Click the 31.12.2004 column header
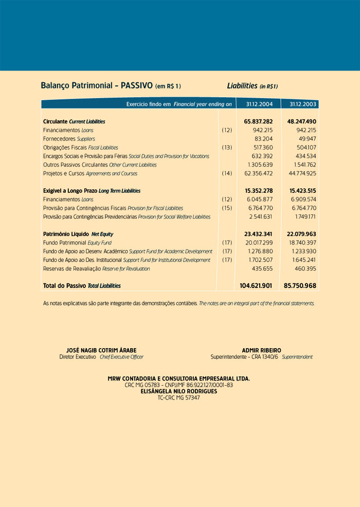tap(256, 104)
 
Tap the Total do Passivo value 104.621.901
tap(256, 285)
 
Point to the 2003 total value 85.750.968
tap(300, 285)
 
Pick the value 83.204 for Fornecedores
tap(263, 139)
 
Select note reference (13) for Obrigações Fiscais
tap(227, 148)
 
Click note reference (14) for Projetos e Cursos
tap(227, 174)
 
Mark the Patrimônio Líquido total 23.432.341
tap(258, 234)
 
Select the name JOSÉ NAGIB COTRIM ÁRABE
tap(101, 350)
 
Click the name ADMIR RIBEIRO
tap(261, 350)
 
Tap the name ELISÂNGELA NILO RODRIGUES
tap(178, 391)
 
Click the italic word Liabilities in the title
tap(242, 85)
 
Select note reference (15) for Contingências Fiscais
tap(227, 208)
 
